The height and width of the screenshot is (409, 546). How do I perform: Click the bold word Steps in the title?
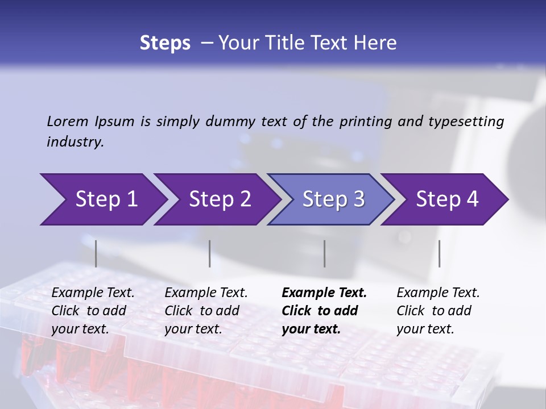[x=165, y=43]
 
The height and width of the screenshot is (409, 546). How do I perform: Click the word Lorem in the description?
[x=67, y=122]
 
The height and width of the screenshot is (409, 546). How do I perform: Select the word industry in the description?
[x=75, y=142]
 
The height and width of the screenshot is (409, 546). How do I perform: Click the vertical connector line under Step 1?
[x=96, y=253]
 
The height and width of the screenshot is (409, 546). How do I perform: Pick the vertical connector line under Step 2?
[x=210, y=253]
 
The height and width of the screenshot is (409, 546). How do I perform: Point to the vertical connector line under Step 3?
[x=325, y=253]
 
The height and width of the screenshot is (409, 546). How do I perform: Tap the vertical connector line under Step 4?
[x=440, y=253]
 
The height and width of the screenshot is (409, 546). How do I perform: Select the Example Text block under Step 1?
[x=93, y=311]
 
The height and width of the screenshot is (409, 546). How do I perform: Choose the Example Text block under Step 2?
[x=206, y=311]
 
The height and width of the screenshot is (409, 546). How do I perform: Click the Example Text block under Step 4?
[x=438, y=311]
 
